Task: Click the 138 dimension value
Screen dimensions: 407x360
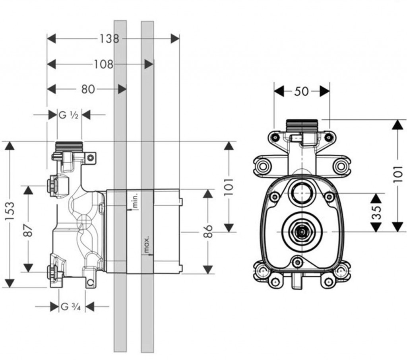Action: point(109,39)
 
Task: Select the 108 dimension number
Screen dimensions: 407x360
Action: point(103,64)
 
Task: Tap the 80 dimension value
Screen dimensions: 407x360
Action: point(88,89)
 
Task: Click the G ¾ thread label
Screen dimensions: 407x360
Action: point(71,306)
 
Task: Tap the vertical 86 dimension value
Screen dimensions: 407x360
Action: point(208,231)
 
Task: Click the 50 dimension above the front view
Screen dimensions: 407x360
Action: point(301,91)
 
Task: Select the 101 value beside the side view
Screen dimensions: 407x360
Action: point(229,187)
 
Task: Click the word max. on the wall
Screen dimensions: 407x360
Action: point(146,245)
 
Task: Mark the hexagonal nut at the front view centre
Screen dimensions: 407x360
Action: point(301,232)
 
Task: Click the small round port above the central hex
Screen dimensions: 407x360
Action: point(301,193)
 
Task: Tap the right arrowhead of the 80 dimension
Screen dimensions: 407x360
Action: point(122,90)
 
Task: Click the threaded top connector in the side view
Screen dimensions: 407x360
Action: point(69,147)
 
